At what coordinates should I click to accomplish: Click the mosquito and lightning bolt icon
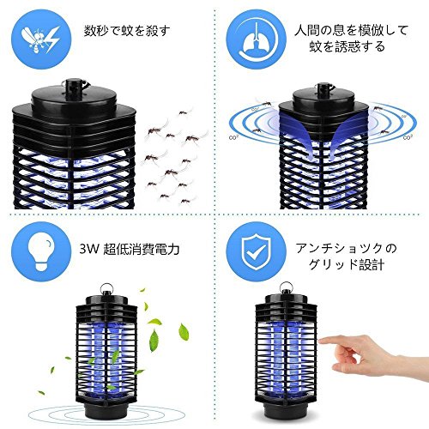pos(41,39)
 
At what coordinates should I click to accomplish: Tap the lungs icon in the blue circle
pos(257,39)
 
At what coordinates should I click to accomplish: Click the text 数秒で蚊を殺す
pos(127,31)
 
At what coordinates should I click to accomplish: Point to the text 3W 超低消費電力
pos(130,249)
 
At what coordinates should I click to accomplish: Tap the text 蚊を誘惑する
pos(347,46)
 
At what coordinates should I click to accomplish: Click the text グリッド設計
pos(346,265)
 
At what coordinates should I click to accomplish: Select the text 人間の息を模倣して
pos(351,31)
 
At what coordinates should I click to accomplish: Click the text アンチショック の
pos(347,249)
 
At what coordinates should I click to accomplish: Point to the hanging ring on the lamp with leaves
pos(107,288)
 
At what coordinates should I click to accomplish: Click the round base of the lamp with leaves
pos(106,410)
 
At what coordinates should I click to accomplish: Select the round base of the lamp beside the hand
pos(286,409)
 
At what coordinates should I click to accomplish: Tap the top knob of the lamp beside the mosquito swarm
pos(74,85)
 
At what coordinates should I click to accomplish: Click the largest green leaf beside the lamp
pos(154,340)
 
